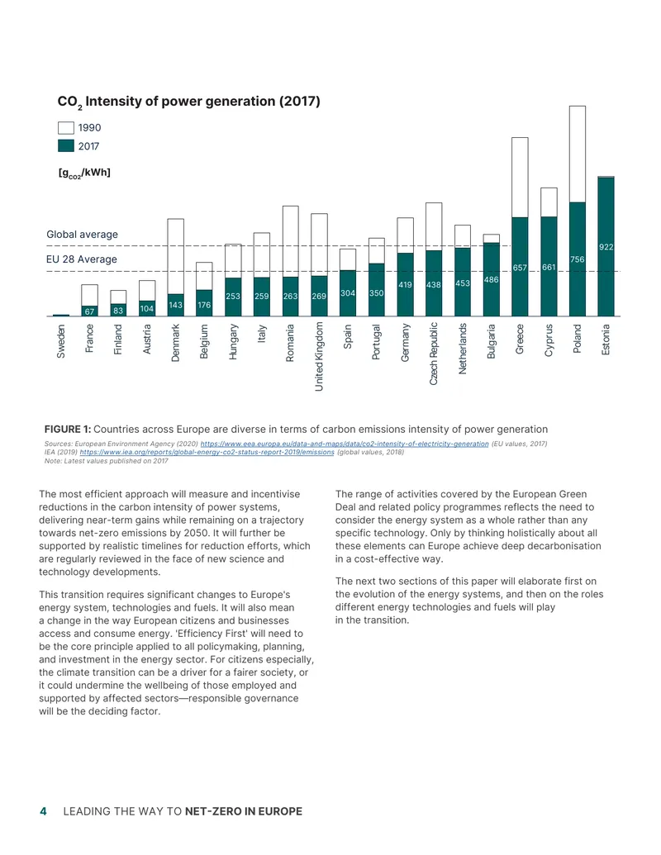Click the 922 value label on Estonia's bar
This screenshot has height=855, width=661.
pyautogui.click(x=606, y=247)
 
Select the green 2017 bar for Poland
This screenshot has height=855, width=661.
pyautogui.click(x=578, y=259)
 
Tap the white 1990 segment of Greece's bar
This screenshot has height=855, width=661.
pyautogui.click(x=520, y=178)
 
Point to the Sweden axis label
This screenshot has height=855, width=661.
pyautogui.click(x=61, y=341)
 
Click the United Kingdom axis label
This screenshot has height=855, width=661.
pyautogui.click(x=319, y=356)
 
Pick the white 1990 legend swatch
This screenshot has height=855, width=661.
pyautogui.click(x=66, y=127)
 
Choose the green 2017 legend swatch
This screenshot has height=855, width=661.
pyautogui.click(x=66, y=145)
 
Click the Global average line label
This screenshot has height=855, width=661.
pyautogui.click(x=82, y=235)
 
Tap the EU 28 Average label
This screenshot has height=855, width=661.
pyautogui.click(x=81, y=259)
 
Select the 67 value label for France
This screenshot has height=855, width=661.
pyautogui.click(x=89, y=311)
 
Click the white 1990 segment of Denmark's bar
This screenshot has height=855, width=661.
pyautogui.click(x=176, y=256)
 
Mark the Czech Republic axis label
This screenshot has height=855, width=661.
pyautogui.click(x=434, y=354)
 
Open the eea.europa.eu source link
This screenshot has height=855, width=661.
pyautogui.click(x=345, y=444)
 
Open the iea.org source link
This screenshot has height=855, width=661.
pyautogui.click(x=207, y=452)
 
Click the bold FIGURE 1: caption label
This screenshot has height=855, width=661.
pyautogui.click(x=68, y=429)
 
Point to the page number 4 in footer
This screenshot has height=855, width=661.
pyautogui.click(x=43, y=811)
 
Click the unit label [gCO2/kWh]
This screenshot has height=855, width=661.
pyautogui.click(x=84, y=173)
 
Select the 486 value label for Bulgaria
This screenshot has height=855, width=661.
pyautogui.click(x=492, y=280)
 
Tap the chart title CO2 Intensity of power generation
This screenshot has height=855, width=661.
pyautogui.click(x=188, y=102)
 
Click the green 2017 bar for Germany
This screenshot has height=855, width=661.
pyautogui.click(x=405, y=285)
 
